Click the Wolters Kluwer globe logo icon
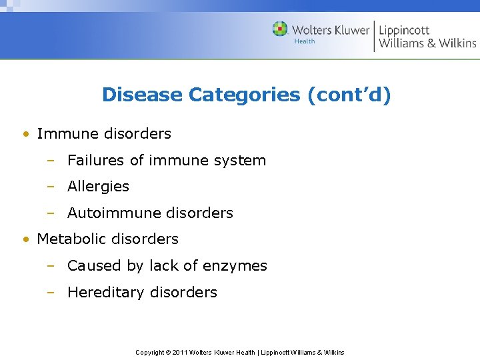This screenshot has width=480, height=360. pyautogui.click(x=280, y=29)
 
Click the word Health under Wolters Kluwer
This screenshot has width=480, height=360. pyautogui.click(x=305, y=42)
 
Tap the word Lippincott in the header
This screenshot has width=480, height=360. pyautogui.click(x=404, y=29)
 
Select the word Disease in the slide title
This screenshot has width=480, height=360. pyautogui.click(x=142, y=95)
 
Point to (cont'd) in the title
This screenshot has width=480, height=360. pyautogui.click(x=349, y=95)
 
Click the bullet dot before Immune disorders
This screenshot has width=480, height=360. pyautogui.click(x=25, y=134)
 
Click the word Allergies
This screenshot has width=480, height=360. pyautogui.click(x=98, y=187)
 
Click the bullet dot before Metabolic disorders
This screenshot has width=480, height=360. pyautogui.click(x=25, y=239)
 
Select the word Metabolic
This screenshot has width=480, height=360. pyautogui.click(x=71, y=239)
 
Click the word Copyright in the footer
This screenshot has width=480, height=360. pyautogui.click(x=149, y=352)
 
